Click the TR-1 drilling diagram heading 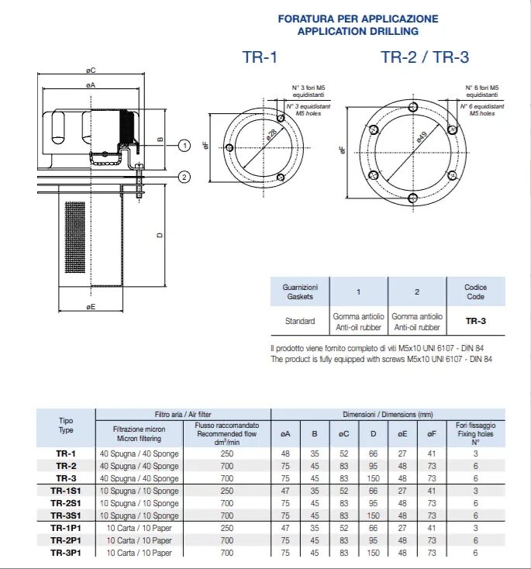point(260,58)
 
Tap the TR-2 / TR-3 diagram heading point(425,58)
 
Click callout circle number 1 point(184,145)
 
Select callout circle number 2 point(184,178)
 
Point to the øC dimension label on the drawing point(91,71)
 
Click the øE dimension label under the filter point(91,308)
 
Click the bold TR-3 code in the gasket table point(475,320)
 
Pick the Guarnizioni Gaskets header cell point(300,291)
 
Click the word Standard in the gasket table point(300,321)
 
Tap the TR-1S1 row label point(66,491)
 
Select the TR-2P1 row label point(66,540)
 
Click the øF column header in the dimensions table point(431,435)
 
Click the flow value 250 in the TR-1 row point(226,453)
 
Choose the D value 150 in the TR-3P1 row point(374,553)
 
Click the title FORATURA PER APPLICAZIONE point(357,19)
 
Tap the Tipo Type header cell point(66,426)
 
